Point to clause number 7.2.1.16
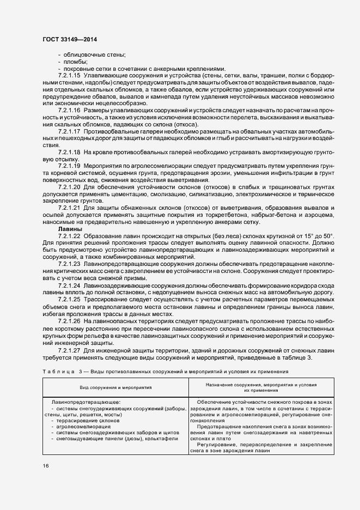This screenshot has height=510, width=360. tap(69, 111)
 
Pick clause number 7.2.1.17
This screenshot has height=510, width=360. tap(69, 132)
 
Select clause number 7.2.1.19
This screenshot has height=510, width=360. tap(69, 165)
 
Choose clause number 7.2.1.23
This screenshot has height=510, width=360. tap(69, 264)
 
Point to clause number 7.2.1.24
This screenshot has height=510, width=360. tap(69, 285)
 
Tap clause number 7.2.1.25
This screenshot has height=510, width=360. tap(69, 299)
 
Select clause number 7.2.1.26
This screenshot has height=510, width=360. tap(69, 321)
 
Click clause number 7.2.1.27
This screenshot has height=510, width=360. tap(69, 349)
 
